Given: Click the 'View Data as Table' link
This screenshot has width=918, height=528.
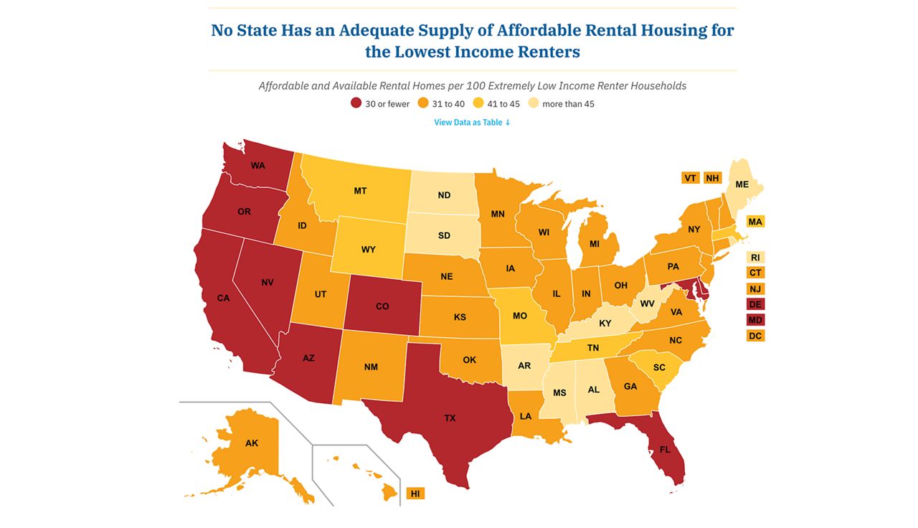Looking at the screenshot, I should pos(472,123).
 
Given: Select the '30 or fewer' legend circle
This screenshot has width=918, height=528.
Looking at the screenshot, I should pos(356,104).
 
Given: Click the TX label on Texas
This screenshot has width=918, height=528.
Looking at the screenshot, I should pos(450,418).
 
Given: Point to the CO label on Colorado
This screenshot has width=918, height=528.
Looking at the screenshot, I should pos(382,306).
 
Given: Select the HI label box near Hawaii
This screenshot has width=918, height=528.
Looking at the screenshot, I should pos(415,494).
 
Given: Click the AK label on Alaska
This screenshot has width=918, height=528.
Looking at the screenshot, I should pos(251,443).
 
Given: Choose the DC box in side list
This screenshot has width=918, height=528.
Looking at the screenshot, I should pos(755,336).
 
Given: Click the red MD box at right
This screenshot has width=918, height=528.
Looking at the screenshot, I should pos(755,320).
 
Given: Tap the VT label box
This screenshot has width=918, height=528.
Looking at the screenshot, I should pos(690,178).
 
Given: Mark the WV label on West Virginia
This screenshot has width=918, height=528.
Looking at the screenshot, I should pos(647,303).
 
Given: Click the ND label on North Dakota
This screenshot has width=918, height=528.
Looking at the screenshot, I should pos(444,195).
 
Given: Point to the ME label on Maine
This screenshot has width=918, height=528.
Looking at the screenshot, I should pos(742,184).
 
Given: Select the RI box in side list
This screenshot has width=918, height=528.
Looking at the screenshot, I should pos(755,258).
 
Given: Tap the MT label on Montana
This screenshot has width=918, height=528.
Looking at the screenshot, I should pos(360,191).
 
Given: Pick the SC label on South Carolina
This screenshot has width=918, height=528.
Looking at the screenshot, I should pos(659,367).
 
